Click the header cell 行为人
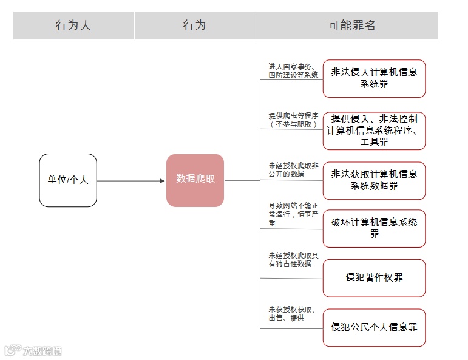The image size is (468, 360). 73,25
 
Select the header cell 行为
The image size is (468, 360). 195,25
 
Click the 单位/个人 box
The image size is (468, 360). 68,180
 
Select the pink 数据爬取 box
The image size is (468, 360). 195,180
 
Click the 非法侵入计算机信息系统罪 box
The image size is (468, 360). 374,78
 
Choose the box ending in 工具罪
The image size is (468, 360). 374,131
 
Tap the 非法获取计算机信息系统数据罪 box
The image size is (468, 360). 374,180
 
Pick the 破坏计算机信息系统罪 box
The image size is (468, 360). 374,228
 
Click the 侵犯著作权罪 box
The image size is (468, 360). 374,278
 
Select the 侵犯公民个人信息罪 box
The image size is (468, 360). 374,327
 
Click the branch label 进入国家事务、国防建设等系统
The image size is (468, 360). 293,70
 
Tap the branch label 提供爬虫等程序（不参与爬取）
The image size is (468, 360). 293,120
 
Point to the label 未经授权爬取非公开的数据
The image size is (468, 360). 293,169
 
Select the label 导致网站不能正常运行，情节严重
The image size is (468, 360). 293,214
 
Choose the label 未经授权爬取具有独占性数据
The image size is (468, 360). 293,260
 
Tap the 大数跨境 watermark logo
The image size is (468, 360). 33,350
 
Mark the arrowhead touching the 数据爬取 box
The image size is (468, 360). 162,180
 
